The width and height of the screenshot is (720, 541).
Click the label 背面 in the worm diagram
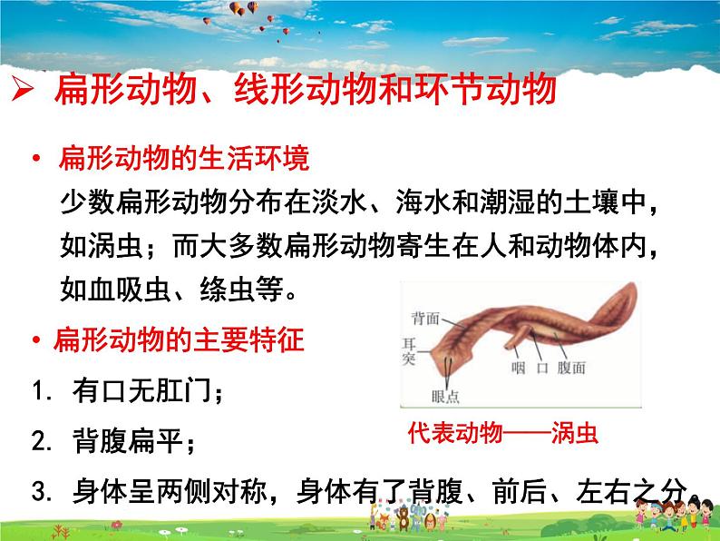[425, 319]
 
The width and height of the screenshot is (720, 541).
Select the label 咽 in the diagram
[517, 368]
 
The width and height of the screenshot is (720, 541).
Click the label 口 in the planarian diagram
[543, 368]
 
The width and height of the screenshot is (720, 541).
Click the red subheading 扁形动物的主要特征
[180, 341]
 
